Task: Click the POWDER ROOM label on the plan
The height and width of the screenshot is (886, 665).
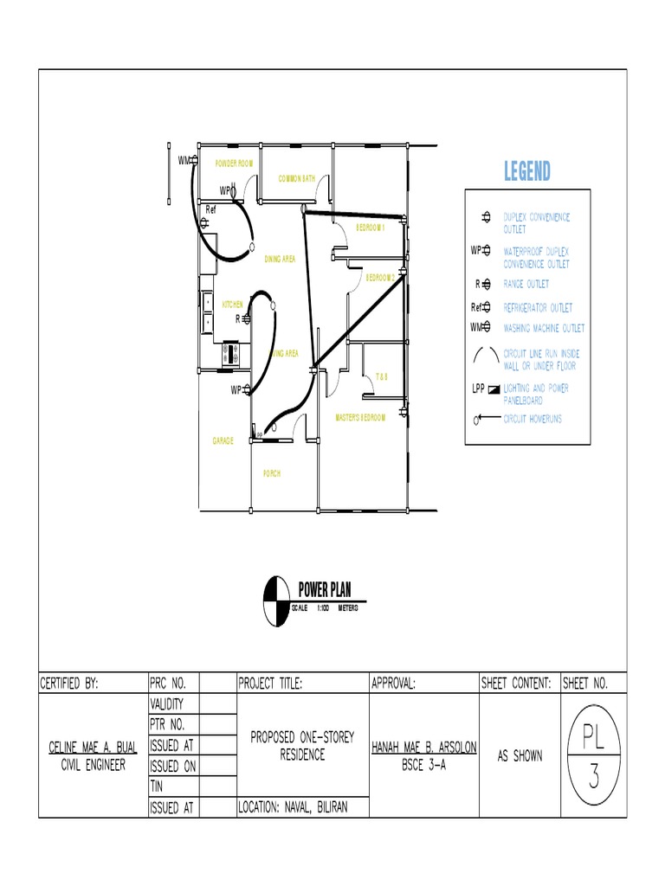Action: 228,164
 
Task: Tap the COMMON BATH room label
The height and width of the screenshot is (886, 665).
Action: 296,179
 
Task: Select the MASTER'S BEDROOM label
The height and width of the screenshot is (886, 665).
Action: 360,418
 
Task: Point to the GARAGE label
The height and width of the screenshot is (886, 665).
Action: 223,441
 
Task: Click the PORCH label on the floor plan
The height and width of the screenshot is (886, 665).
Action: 272,473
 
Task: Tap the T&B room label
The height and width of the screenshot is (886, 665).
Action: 381,377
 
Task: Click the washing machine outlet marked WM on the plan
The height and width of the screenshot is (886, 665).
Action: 195,161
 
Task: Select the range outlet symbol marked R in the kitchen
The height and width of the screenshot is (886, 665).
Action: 247,318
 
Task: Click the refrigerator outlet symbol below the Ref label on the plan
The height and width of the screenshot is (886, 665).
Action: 205,221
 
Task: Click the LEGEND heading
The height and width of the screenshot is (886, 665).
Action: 526,171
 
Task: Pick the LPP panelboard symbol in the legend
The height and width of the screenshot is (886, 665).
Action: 494,389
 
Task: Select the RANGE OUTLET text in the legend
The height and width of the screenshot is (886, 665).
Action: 526,284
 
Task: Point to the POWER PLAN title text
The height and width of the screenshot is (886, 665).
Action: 325,591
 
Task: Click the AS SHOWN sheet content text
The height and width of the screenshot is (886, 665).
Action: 520,756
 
